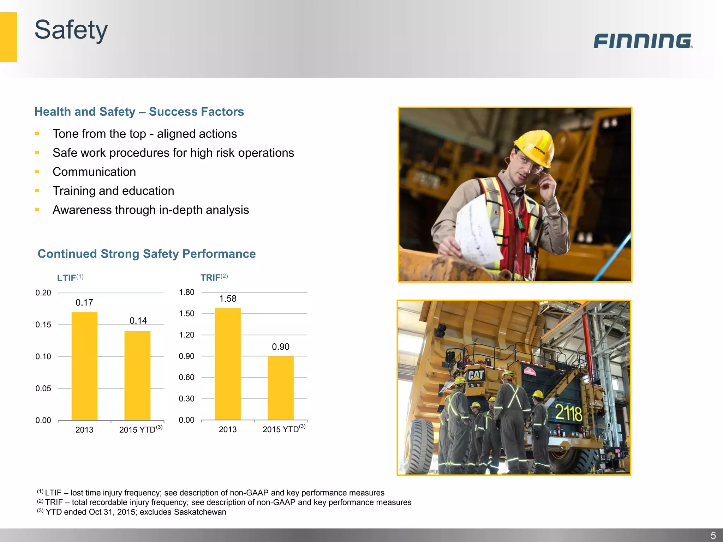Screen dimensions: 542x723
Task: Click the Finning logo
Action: (643, 41)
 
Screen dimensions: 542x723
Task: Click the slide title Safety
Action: (71, 30)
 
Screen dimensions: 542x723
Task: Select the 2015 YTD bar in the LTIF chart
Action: (137, 375)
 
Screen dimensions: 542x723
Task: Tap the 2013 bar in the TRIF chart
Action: (228, 364)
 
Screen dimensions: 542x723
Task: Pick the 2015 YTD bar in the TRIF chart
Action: (281, 388)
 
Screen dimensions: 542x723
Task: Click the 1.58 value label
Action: (228, 299)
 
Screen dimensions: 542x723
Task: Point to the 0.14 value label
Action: (138, 321)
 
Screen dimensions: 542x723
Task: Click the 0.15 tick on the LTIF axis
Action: (43, 325)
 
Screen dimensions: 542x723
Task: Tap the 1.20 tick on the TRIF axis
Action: (186, 335)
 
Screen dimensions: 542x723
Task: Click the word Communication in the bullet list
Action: (94, 172)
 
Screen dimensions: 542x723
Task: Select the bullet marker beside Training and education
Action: (37, 191)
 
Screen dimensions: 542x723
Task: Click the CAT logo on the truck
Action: (476, 375)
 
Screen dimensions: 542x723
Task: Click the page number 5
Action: (713, 535)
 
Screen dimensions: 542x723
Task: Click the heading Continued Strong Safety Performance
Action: (147, 254)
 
